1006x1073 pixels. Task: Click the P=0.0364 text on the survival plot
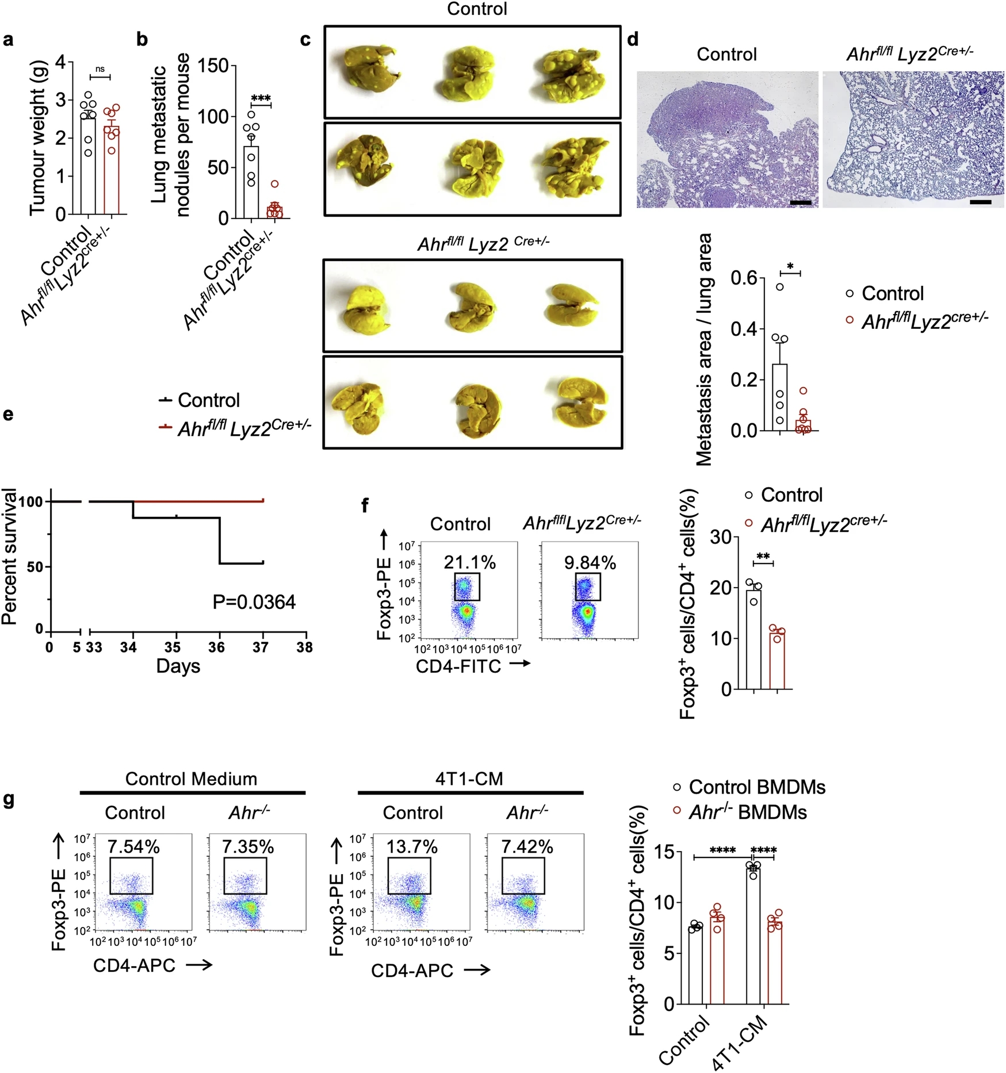[254, 602]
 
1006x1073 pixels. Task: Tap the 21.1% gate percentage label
[469, 562]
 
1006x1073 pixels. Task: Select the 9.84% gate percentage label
[590, 562]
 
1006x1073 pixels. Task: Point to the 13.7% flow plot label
[412, 846]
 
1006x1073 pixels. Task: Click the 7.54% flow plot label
[133, 846]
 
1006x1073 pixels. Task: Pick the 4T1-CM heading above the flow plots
[469, 779]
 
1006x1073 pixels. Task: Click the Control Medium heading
[191, 779]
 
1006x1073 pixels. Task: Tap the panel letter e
[8, 414]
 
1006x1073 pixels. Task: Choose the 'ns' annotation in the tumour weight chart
[100, 69]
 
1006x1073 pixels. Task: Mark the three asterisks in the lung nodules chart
[261, 98]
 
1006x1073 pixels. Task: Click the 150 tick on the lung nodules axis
[213, 66]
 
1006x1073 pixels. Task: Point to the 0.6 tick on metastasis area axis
[744, 278]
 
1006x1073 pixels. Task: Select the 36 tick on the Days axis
[216, 647]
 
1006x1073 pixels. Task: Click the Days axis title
[178, 666]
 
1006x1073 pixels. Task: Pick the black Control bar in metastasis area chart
[780, 397]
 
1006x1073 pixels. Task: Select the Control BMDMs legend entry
[750, 787]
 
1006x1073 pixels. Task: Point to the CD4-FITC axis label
[458, 666]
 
